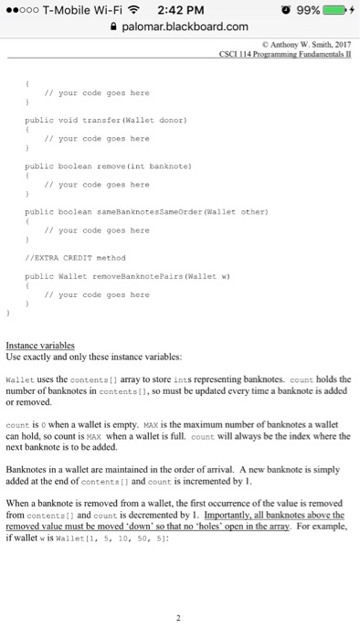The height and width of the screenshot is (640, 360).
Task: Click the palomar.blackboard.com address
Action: pyautogui.click(x=184, y=27)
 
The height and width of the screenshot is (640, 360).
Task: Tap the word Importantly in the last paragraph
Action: pyautogui.click(x=249, y=514)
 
